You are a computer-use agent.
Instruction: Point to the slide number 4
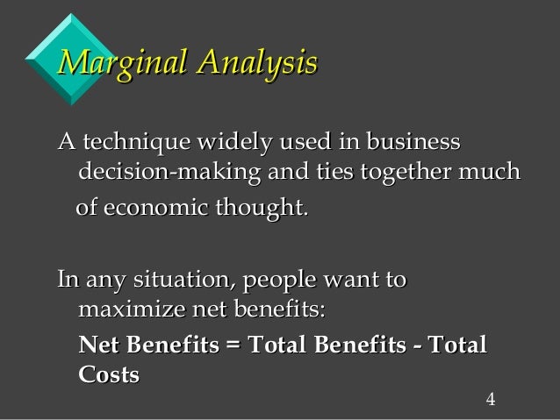click(491, 402)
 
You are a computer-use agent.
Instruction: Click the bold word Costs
click(109, 374)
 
